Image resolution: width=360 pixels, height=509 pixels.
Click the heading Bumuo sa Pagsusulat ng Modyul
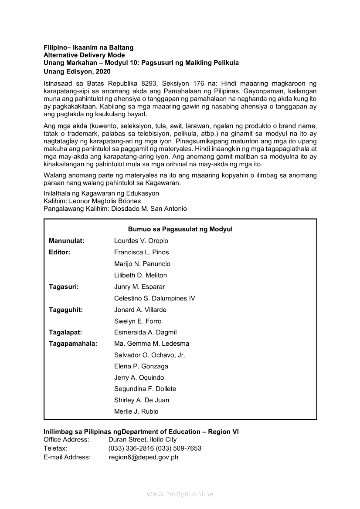pyautogui.click(x=180, y=229)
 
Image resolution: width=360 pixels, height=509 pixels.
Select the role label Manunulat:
pyautogui.click(x=67, y=241)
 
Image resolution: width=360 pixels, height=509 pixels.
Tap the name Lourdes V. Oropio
pyautogui.click(x=141, y=241)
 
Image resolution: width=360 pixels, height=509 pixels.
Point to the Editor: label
pyautogui.click(x=59, y=252)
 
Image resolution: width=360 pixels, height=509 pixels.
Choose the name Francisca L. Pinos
pyautogui.click(x=141, y=252)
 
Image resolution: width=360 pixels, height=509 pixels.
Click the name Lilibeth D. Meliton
pyautogui.click(x=140, y=275)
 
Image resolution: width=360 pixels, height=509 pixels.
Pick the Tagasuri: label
pyautogui.click(x=64, y=287)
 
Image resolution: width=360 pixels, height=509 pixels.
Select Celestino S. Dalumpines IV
pyautogui.click(x=154, y=298)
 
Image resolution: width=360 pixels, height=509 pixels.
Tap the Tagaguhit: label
pyautogui.click(x=66, y=310)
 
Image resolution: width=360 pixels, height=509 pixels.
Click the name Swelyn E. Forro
pyautogui.click(x=138, y=321)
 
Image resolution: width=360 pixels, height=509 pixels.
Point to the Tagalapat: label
pyautogui.click(x=65, y=332)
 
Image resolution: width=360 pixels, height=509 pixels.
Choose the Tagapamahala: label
pyautogui.click(x=73, y=344)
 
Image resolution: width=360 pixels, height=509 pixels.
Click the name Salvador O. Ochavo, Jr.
pyautogui.click(x=149, y=355)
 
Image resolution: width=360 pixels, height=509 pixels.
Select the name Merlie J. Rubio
pyautogui.click(x=136, y=411)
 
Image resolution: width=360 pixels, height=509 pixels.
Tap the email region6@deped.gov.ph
pyautogui.click(x=143, y=457)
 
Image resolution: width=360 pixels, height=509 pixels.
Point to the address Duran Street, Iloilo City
pyautogui.click(x=143, y=440)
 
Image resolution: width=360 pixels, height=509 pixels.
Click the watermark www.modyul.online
pyautogui.click(x=180, y=494)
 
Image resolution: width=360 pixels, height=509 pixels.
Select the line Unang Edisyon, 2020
pyautogui.click(x=77, y=71)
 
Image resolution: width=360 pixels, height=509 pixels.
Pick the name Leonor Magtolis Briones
pyautogui.click(x=105, y=201)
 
